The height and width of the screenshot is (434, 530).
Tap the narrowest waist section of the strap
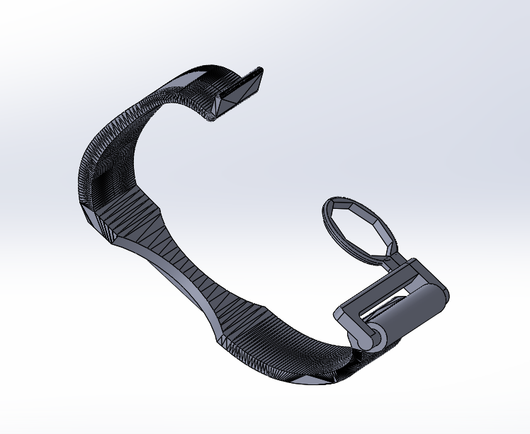tap(191, 276)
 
